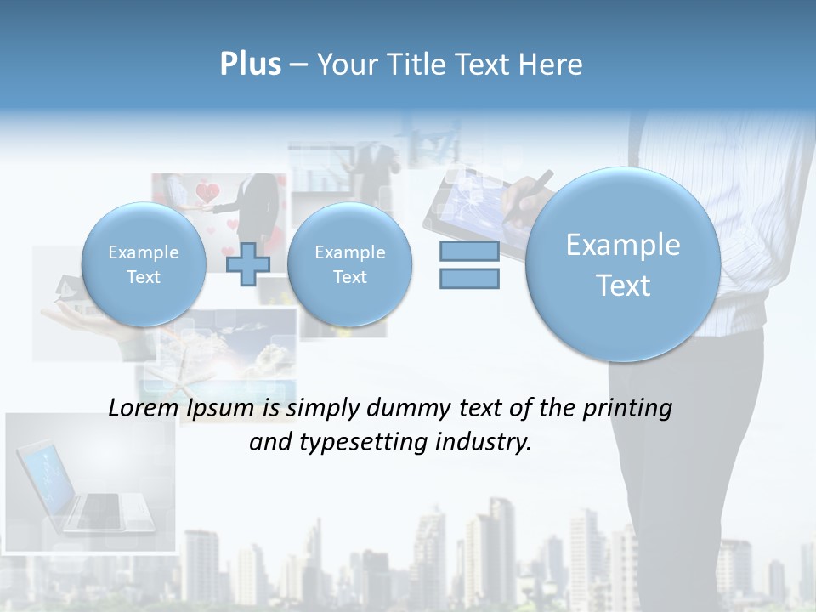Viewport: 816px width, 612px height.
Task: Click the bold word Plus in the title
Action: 250,65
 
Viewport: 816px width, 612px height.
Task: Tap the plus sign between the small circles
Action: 248,264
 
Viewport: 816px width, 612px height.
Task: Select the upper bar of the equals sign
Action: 469,251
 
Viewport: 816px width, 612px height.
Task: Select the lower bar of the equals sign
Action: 469,278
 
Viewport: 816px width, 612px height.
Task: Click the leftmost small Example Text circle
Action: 144,264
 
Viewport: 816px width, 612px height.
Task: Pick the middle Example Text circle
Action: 349,264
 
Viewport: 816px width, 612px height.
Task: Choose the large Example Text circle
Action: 623,264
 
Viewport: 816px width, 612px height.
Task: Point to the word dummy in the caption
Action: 404,409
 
